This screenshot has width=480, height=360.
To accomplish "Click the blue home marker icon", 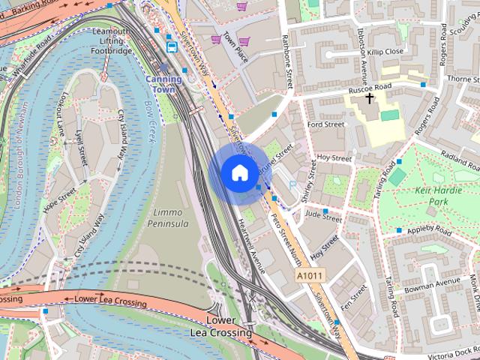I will point(238,172).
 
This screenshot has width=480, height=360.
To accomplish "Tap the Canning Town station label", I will point(163,83).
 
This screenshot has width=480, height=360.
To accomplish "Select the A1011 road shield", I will point(309,277).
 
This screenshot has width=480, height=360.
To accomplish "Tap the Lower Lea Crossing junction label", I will point(221,327).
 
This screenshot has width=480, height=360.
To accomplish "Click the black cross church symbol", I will point(369,98).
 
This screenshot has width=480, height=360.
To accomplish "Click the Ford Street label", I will point(325,124).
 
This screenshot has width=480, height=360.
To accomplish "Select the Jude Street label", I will point(323,217).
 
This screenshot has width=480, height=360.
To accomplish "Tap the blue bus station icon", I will point(172,46).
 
